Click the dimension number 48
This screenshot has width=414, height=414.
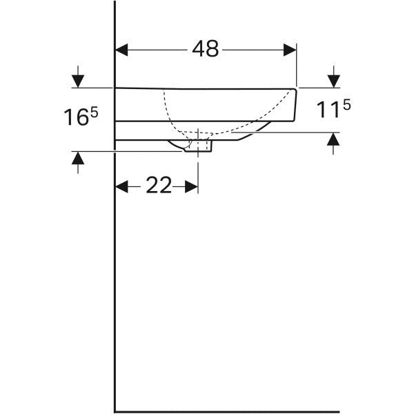(206, 49)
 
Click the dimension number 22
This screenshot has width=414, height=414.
(159, 186)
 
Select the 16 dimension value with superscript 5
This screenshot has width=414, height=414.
(81, 117)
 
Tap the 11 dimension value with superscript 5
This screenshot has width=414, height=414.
(333, 109)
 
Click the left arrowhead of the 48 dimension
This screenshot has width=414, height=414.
(121, 50)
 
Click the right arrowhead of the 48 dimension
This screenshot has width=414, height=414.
(290, 50)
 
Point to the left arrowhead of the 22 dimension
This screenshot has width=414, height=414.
(121, 187)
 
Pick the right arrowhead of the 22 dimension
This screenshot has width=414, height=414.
(191, 187)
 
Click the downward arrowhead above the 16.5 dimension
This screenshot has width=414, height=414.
(78, 81)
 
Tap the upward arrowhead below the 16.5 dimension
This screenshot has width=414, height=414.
(78, 158)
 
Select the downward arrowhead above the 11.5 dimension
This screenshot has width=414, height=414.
(334, 81)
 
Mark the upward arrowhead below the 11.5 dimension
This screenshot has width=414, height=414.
(333, 139)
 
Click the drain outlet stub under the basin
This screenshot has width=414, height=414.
(198, 146)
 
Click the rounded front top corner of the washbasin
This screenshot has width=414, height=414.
(295, 90)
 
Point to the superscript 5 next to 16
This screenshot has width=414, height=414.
(95, 112)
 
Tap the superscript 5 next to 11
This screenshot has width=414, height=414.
(347, 106)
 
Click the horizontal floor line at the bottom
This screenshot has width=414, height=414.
(227, 411)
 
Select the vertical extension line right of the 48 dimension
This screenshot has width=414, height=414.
(297, 66)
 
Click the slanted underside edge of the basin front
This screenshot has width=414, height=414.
(254, 131)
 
